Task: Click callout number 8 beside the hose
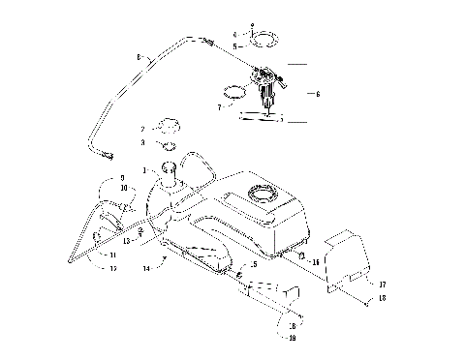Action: [x=139, y=58]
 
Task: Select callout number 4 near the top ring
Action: [x=221, y=35]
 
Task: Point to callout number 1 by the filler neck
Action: [x=145, y=171]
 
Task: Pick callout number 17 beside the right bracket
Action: [x=383, y=284]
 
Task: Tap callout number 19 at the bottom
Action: [x=292, y=339]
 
